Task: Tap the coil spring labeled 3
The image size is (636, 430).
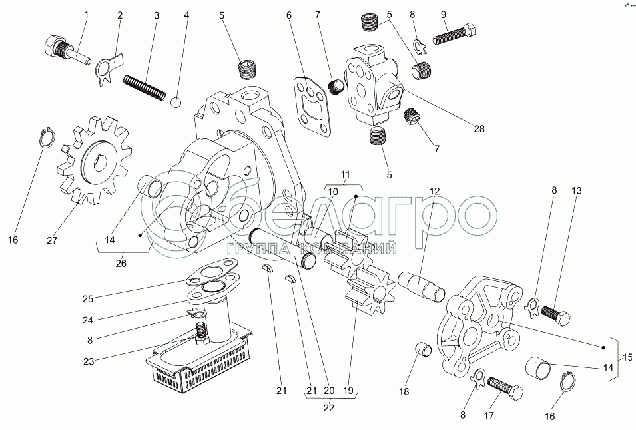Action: coord(145,87)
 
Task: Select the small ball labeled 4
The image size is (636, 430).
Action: coord(176,102)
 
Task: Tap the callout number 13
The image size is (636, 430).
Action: coord(576,191)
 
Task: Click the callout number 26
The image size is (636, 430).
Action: coord(121,263)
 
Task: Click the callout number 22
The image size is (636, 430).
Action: coord(328,408)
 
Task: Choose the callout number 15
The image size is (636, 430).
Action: coord(627,357)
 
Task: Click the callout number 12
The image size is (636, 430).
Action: coord(434,192)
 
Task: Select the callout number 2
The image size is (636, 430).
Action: coord(120,14)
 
